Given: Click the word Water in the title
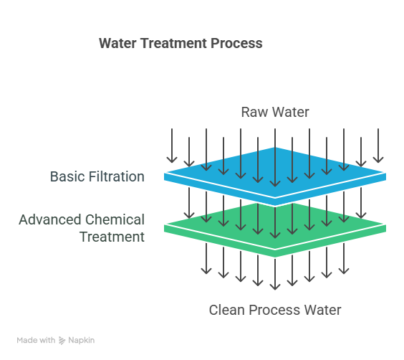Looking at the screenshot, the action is point(117,43).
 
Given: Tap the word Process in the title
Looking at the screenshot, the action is point(236,43).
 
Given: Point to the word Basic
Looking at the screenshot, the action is point(67,176).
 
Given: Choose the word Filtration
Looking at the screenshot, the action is point(117,176).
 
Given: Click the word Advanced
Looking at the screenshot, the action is point(50,219).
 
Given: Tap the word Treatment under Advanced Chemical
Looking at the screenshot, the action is point(112,237).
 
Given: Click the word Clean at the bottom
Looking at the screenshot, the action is point(227,310).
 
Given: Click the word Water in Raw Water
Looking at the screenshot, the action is point(291,112).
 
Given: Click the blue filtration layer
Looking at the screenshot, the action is point(275,176).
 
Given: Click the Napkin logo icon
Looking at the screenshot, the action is point(62,341).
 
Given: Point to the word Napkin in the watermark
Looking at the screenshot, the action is point(82,341).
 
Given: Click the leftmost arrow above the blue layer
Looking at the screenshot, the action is point(172,146).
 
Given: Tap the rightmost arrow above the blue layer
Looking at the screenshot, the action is point(378,146).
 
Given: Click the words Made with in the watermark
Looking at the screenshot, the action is point(36,341).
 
